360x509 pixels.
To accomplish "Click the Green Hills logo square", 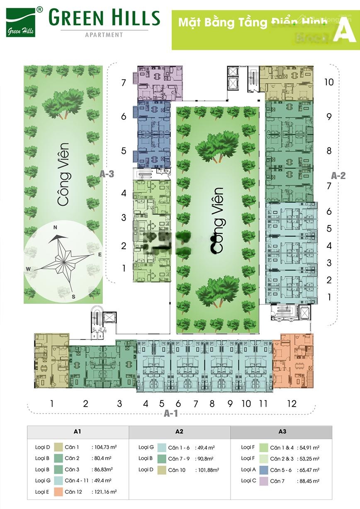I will coord(21,23).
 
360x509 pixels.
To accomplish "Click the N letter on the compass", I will coord(55,227).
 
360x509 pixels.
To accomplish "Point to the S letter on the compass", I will coord(73,296).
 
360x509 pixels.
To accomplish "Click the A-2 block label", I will coord(338,175).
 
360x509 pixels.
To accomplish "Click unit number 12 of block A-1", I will coord(292,403).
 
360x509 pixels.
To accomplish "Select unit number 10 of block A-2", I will coord(328,82).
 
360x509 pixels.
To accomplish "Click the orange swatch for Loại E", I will coord(58,492).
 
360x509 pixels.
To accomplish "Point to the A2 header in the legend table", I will coord(179,431).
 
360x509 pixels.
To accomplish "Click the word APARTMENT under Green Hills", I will coord(104,35).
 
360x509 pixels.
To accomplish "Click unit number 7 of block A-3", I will coord(124,83).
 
